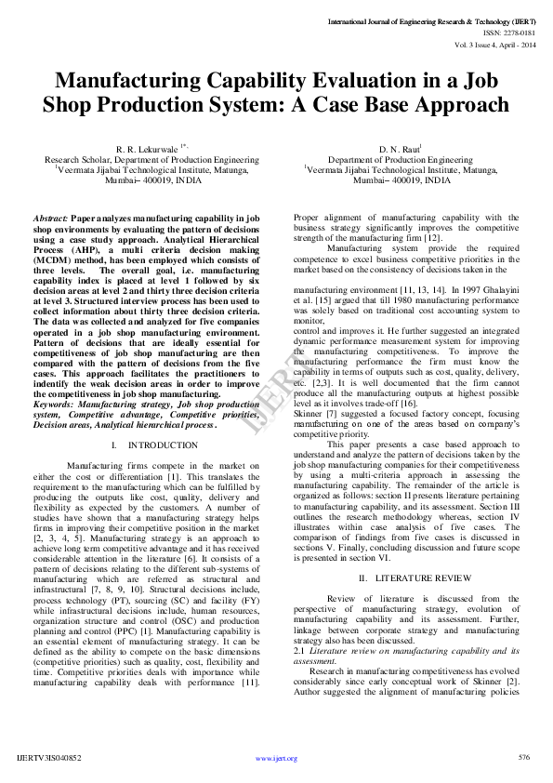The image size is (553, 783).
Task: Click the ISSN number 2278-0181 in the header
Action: (x=520, y=32)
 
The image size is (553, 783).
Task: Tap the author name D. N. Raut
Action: (x=399, y=149)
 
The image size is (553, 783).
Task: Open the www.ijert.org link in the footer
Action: (x=276, y=759)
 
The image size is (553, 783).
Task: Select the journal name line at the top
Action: (x=433, y=20)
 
